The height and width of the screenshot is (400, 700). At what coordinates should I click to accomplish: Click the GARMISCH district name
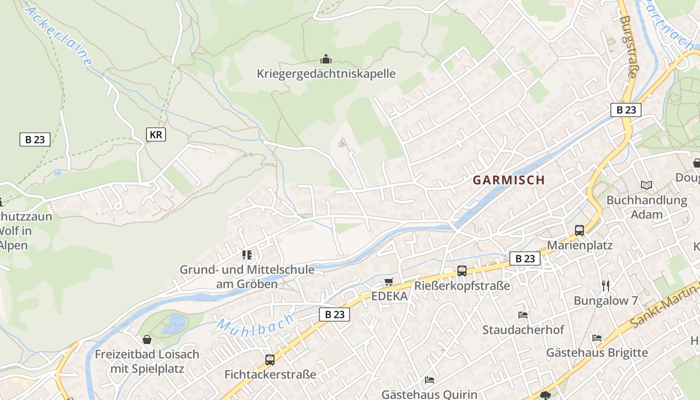[508, 180]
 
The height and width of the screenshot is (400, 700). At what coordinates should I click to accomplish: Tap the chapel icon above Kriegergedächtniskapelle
[326, 59]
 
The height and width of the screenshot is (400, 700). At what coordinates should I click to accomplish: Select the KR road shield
[156, 134]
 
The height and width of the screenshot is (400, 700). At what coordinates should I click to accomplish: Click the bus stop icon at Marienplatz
[579, 230]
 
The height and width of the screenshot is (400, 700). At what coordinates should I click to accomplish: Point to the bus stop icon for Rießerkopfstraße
[462, 271]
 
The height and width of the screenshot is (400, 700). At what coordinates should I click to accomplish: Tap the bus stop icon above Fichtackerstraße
[270, 359]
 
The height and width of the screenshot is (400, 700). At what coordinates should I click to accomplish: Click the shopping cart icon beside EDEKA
[389, 282]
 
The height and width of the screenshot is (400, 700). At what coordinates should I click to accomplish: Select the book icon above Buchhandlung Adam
[646, 185]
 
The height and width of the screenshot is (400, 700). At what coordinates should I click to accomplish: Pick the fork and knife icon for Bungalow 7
[605, 285]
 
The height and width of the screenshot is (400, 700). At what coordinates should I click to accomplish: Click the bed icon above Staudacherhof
[523, 315]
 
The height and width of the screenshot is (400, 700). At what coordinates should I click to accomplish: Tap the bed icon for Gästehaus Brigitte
[597, 338]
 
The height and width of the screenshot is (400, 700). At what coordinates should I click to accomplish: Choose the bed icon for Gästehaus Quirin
[429, 380]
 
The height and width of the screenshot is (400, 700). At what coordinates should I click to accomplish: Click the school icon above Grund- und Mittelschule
[247, 255]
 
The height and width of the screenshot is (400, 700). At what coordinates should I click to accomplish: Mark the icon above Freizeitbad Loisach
[147, 340]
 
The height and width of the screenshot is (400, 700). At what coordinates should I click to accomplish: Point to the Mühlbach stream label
[255, 325]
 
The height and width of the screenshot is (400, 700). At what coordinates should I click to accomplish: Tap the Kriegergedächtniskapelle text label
[326, 74]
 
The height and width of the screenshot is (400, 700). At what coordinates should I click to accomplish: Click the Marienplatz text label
[579, 245]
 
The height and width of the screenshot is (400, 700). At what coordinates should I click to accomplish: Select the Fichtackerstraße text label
[270, 374]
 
